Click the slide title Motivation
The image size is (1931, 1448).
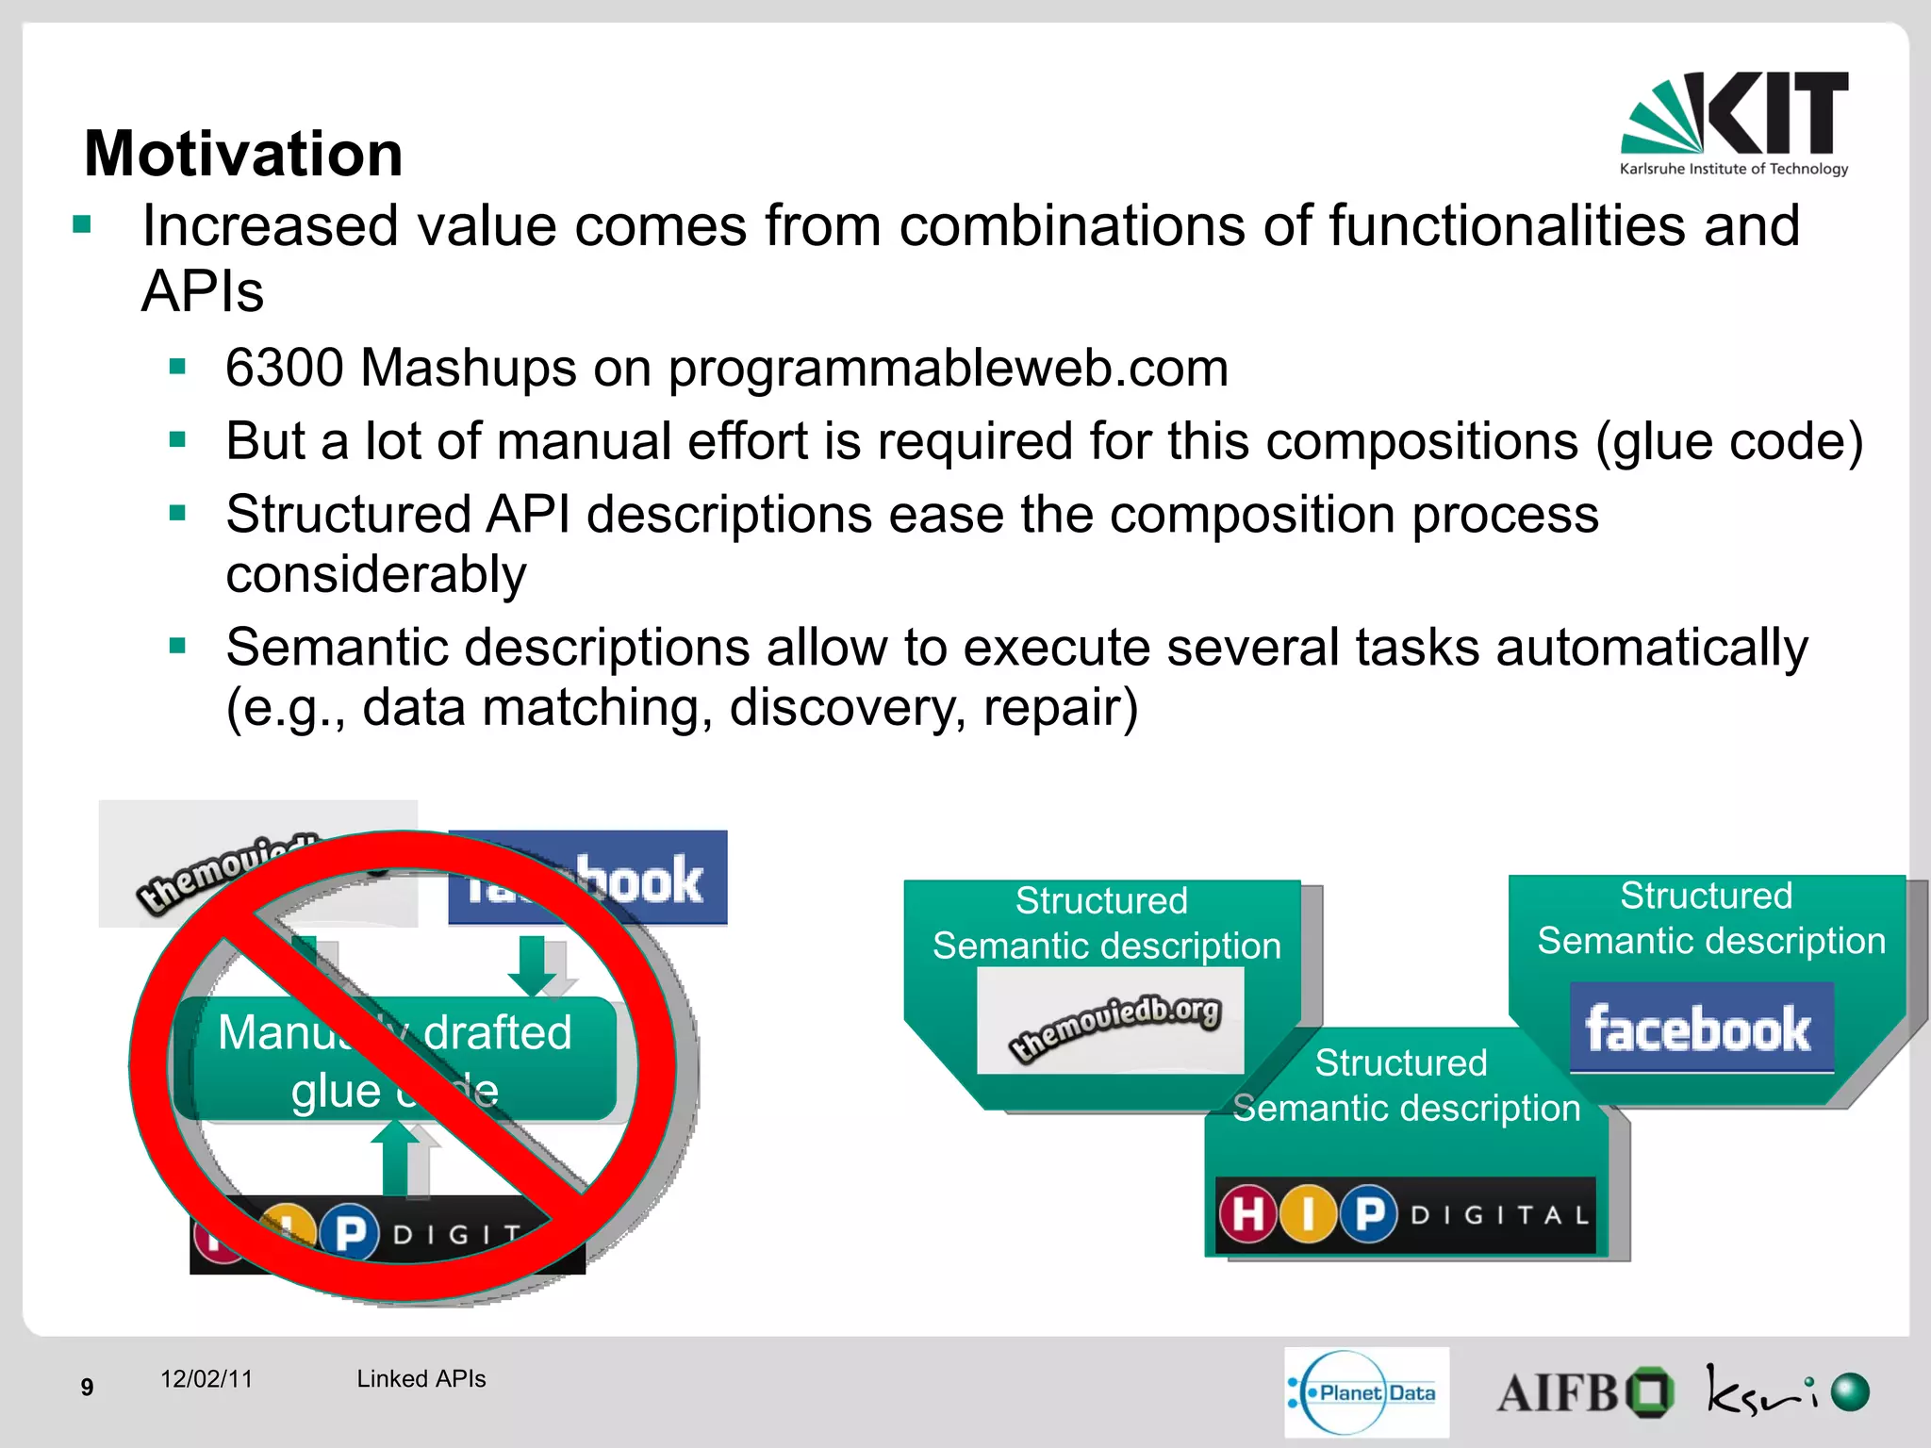[x=243, y=154]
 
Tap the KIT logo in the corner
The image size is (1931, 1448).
[x=1734, y=123]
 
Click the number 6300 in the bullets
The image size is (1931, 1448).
[x=284, y=368]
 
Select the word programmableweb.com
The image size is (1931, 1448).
[x=948, y=368]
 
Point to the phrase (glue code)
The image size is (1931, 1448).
[x=1728, y=441]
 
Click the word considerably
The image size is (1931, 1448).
[x=376, y=574]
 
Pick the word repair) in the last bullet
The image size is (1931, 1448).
[x=1061, y=707]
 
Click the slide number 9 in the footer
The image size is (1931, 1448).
[x=87, y=1387]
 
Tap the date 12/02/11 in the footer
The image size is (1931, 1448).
[x=206, y=1379]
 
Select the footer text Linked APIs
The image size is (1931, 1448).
[x=421, y=1379]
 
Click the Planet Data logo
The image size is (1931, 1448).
[x=1365, y=1392]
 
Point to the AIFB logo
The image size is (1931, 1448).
[x=1584, y=1392]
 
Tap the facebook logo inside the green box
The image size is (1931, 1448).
[x=1700, y=1028]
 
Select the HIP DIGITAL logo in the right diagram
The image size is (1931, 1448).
[x=1405, y=1214]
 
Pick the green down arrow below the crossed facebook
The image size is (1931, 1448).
[x=532, y=963]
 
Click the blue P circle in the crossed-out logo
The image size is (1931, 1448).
[x=350, y=1232]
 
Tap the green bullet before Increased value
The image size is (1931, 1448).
[x=82, y=224]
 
